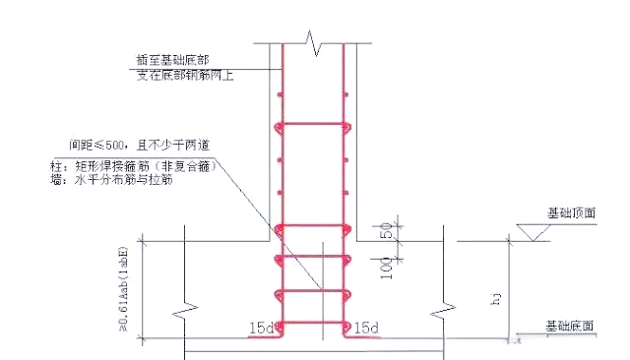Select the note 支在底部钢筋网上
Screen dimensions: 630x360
(x=186, y=75)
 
